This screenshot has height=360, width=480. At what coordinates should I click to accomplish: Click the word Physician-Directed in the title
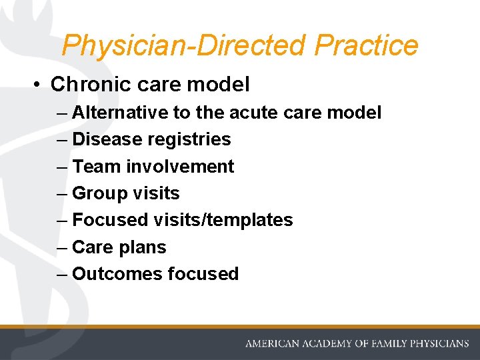(185, 45)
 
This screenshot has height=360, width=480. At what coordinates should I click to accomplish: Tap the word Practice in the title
(366, 45)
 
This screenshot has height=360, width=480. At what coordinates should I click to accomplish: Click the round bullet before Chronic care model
(39, 85)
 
